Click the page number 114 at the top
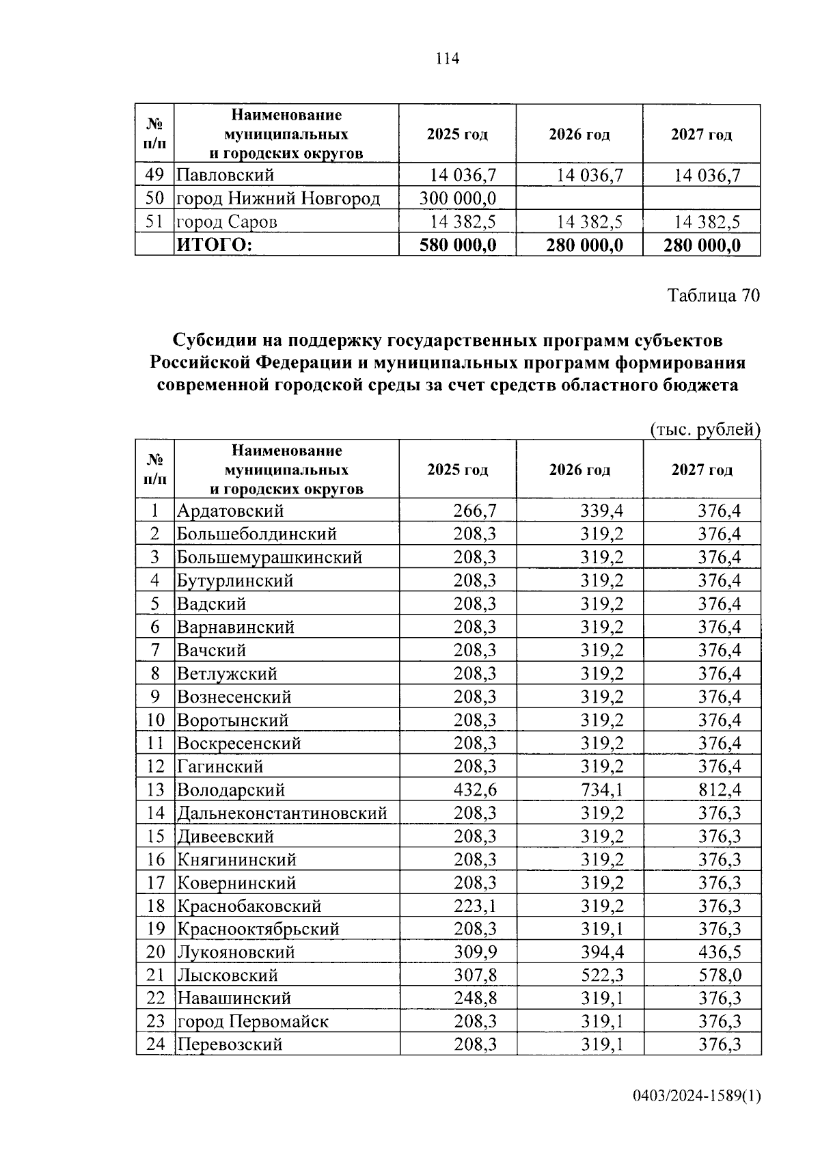point(448,59)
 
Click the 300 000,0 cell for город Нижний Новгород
point(457,198)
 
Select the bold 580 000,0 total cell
point(457,245)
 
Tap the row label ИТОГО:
point(215,245)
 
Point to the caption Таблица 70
point(713,295)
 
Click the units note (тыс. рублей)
point(704,429)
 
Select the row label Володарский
point(231,790)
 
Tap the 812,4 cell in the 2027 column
point(719,790)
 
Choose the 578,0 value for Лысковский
point(719,975)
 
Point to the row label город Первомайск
point(253,1022)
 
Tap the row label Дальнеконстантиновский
point(282,813)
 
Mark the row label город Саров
point(227,221)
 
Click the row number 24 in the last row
point(156,1045)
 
